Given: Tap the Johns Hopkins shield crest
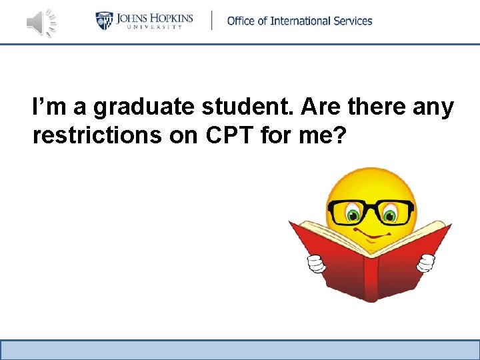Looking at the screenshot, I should point(105,21).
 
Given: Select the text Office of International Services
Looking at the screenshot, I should point(299,21).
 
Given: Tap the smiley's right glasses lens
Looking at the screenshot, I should point(394,212).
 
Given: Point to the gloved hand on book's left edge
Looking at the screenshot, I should point(314,264).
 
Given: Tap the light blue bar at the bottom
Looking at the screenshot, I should point(240,349).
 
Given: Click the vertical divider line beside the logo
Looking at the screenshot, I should point(212,21).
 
